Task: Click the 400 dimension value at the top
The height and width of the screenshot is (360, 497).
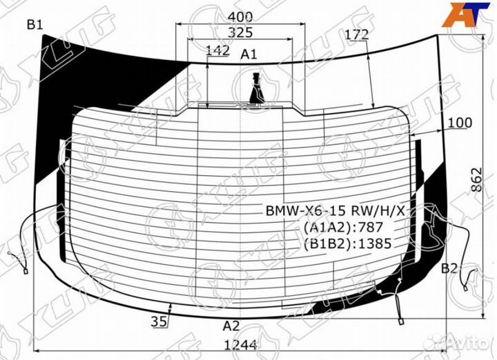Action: click(240, 17)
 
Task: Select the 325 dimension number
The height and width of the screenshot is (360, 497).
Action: click(241, 32)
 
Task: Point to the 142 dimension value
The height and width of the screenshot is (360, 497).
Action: click(217, 50)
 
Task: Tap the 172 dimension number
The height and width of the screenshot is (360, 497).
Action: click(357, 34)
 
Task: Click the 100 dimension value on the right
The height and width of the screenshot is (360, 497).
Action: click(460, 123)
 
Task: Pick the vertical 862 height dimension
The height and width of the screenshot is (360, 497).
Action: click(476, 179)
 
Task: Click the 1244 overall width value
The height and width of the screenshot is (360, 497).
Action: click(240, 345)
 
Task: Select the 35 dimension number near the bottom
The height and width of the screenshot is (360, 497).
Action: click(159, 321)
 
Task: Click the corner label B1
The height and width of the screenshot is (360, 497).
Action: click(35, 24)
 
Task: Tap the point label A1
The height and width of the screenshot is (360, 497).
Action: click(248, 54)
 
